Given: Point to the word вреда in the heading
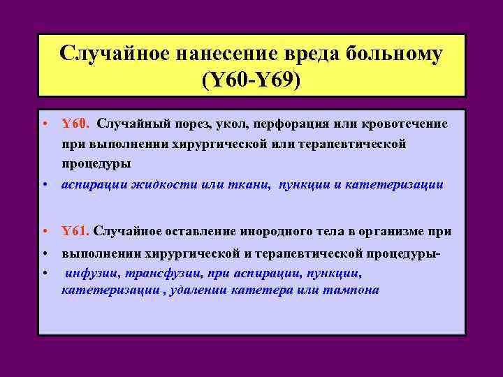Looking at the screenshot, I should click(x=315, y=53).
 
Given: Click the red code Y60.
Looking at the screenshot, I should click(x=75, y=124).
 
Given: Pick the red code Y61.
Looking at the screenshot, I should click(x=75, y=230).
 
